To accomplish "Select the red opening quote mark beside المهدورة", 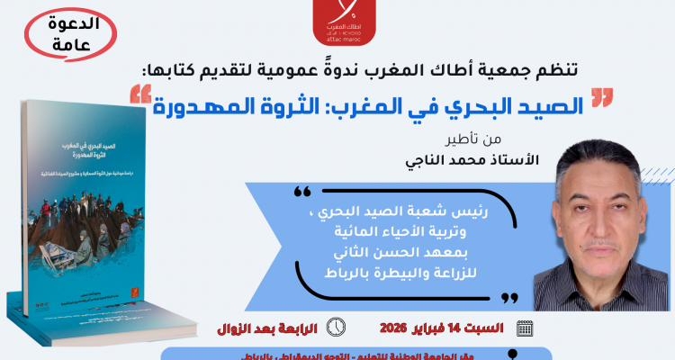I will pos(140,92).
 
